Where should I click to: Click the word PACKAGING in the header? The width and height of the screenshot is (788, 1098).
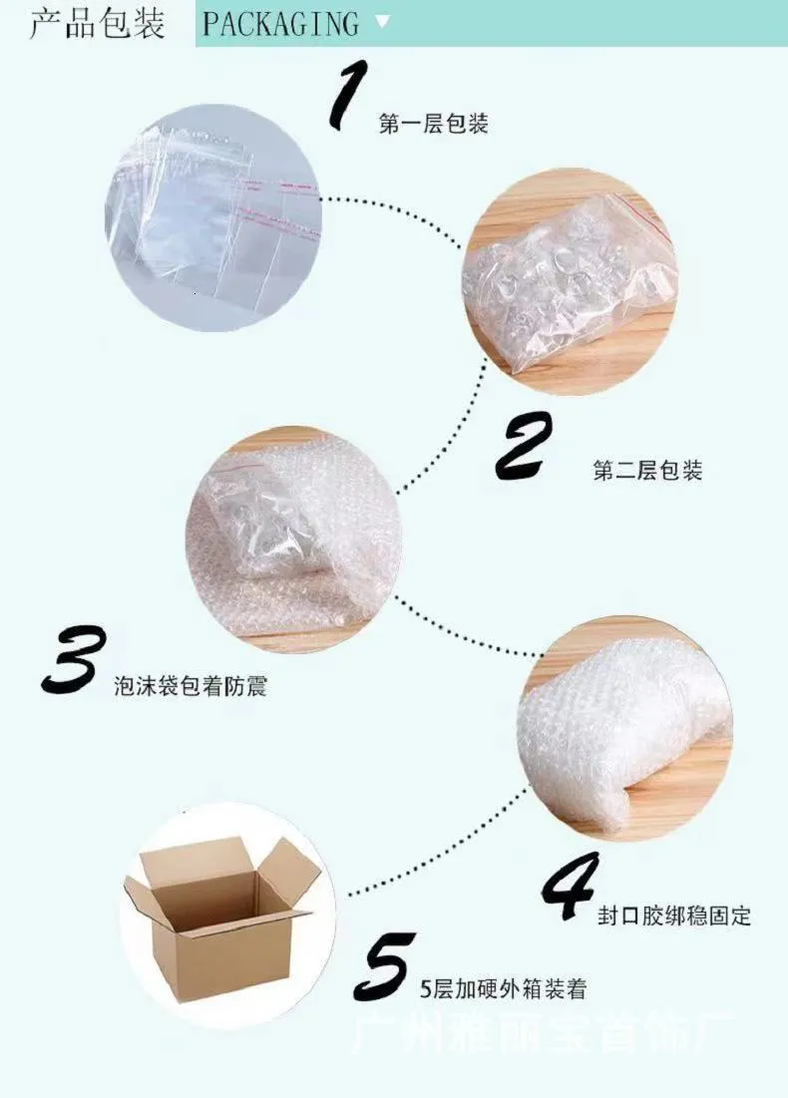[x=280, y=24]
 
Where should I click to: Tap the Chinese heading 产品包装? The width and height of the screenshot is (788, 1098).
[x=97, y=24]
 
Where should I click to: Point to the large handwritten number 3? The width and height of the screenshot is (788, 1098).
[x=74, y=659]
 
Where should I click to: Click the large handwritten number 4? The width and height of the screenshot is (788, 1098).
[x=572, y=887]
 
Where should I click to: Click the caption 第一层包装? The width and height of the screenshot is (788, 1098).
[x=434, y=125]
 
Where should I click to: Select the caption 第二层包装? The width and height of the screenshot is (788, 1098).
[x=647, y=471]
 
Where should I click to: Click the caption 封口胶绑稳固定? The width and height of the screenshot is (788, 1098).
[x=674, y=915]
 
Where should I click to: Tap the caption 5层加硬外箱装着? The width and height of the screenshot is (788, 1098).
[x=503, y=989]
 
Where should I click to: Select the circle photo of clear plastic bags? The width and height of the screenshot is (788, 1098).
[x=212, y=221]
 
